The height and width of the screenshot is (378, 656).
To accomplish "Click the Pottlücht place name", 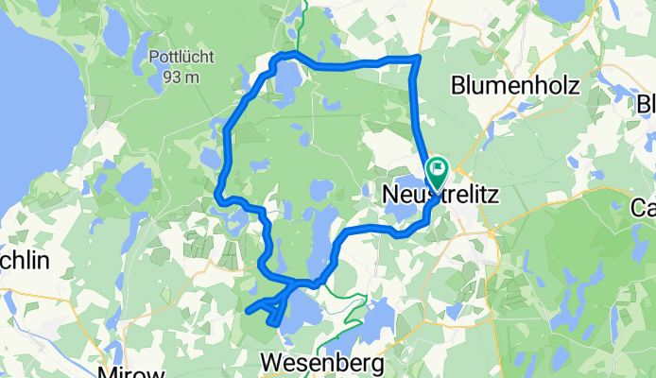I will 173,58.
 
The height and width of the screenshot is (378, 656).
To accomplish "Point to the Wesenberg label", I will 321,362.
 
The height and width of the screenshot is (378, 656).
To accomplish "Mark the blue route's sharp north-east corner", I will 417,60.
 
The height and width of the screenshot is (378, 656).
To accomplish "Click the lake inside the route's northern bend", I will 285,85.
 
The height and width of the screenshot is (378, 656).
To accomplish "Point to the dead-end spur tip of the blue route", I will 248,309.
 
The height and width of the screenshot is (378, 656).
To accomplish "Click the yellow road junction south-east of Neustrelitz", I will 491,230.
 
